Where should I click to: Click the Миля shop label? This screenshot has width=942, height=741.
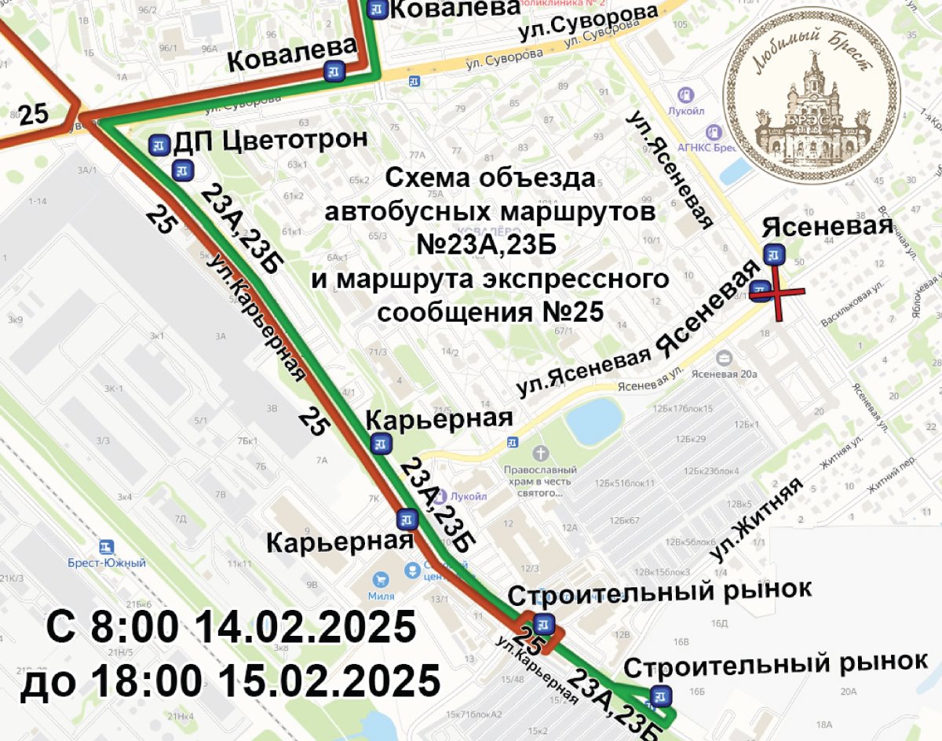[x=382, y=597]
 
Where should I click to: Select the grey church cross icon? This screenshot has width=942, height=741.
[x=539, y=453]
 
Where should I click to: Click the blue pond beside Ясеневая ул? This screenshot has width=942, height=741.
[x=594, y=421]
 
